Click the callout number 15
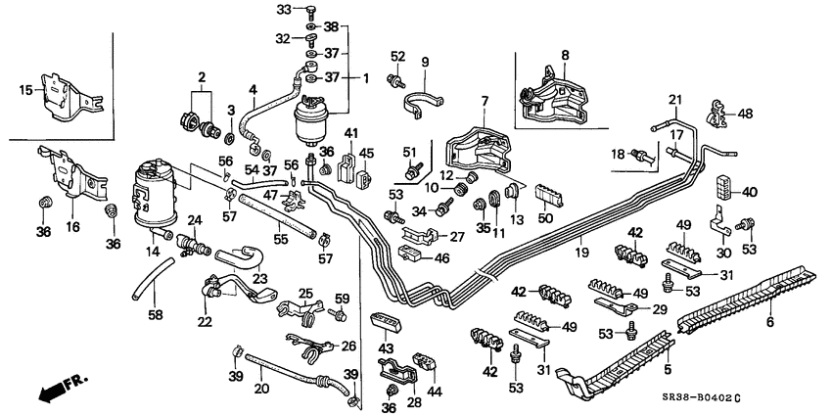(x=25, y=91)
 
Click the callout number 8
(x=564, y=56)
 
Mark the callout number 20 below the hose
(x=259, y=387)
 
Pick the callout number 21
(x=674, y=100)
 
